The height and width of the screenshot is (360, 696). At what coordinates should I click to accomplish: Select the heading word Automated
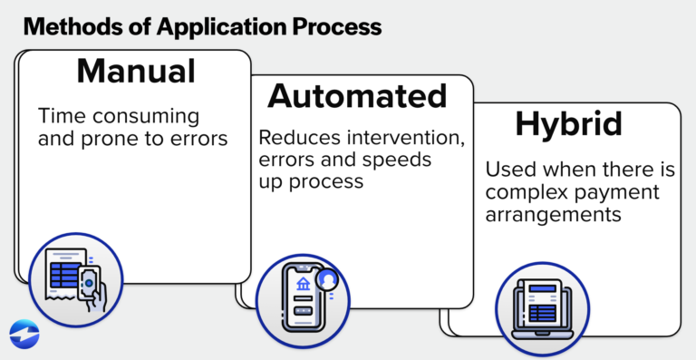(x=357, y=96)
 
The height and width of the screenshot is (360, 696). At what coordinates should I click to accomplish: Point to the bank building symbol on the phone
(x=302, y=285)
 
